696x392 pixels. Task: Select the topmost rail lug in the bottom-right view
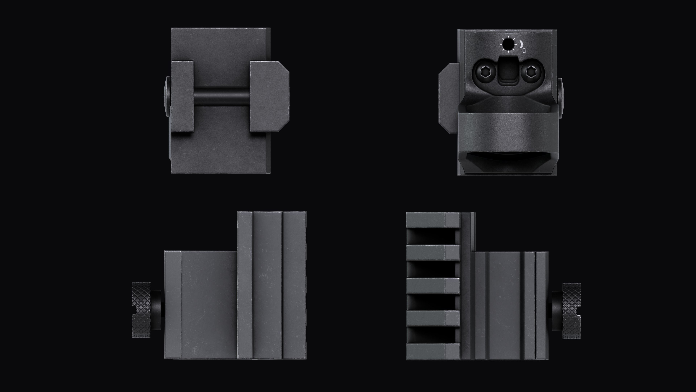pos(433,220)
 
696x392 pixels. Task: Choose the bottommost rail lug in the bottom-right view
pos(433,351)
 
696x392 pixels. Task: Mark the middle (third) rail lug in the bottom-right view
pos(433,285)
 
